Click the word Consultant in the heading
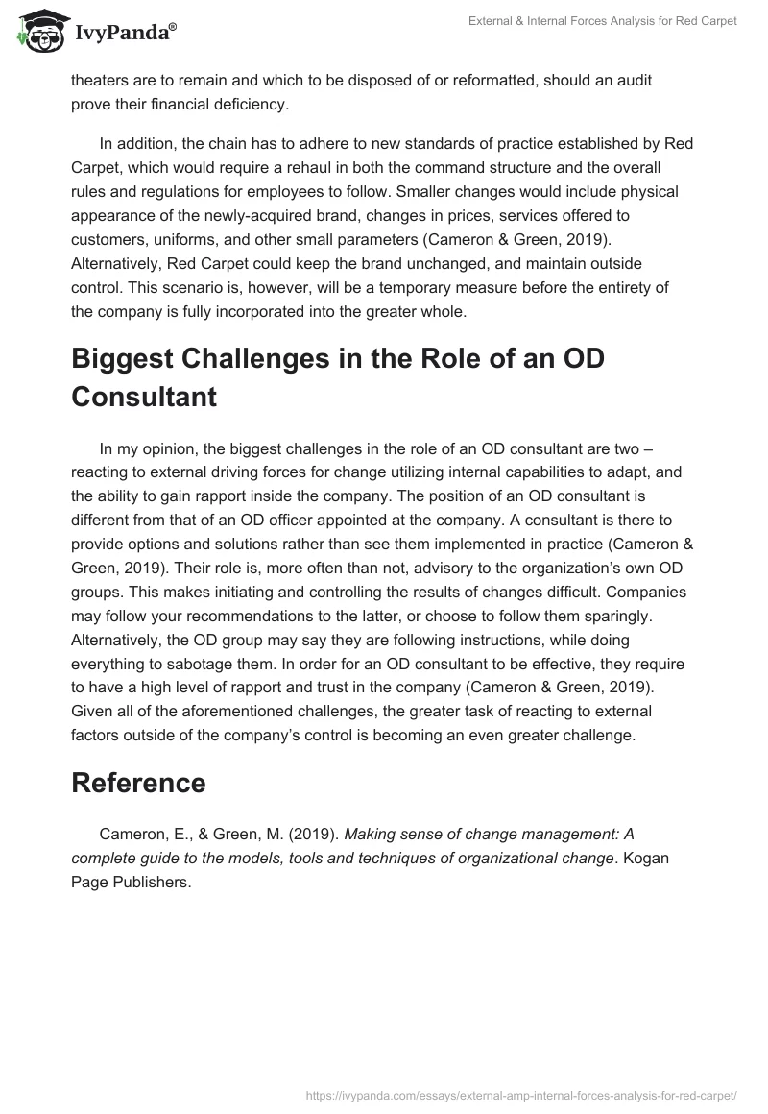click(x=144, y=396)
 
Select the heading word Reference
click(x=138, y=783)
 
